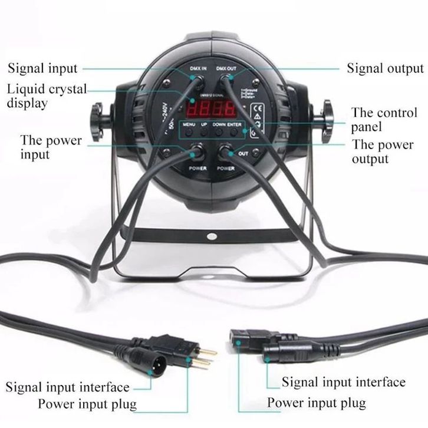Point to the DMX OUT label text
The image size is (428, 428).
pyautogui.click(x=226, y=69)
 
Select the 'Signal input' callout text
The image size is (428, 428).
pyautogui.click(x=43, y=68)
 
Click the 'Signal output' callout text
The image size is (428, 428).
pyautogui.click(x=385, y=68)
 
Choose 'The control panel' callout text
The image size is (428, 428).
pyautogui.click(x=384, y=119)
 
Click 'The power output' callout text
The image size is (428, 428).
pyautogui.click(x=383, y=152)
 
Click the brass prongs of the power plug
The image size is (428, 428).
pyautogui.click(x=202, y=358)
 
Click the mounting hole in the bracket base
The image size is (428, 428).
pyautogui.click(x=212, y=235)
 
